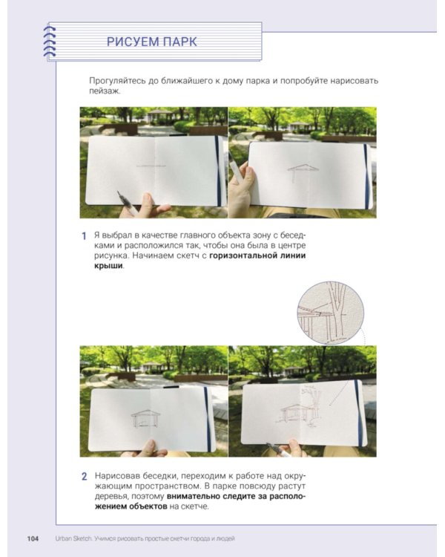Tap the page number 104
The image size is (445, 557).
click(x=33, y=538)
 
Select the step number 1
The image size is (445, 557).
click(x=84, y=236)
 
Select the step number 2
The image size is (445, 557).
click(x=84, y=476)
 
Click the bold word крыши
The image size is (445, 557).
click(x=108, y=266)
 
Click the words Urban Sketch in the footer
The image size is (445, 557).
click(x=73, y=538)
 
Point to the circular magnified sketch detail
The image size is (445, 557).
click(x=330, y=313)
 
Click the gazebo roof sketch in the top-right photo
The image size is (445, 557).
click(x=303, y=169)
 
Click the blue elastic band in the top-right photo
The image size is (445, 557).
click(x=366, y=176)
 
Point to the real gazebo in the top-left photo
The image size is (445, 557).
click(x=159, y=116)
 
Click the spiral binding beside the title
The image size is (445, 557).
click(x=50, y=41)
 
